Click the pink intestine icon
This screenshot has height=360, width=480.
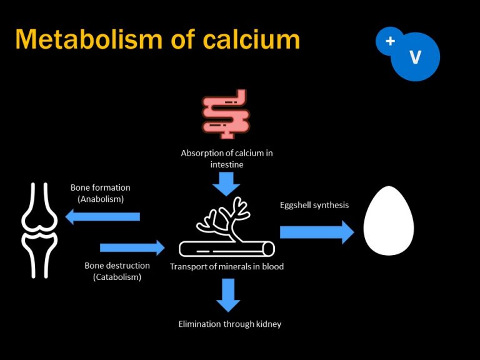click(226, 114)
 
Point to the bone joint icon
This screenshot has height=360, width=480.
click(39, 230)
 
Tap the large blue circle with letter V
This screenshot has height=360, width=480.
click(415, 57)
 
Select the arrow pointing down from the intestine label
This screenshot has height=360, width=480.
click(226, 182)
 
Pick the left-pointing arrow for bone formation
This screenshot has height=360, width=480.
click(102, 216)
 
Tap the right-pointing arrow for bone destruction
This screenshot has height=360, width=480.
click(132, 247)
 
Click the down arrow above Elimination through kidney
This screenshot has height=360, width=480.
click(227, 295)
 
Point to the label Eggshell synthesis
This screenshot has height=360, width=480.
click(314, 204)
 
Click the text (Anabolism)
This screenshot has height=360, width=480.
click(101, 199)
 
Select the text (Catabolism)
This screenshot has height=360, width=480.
click(117, 277)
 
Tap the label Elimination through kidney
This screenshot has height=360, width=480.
click(230, 324)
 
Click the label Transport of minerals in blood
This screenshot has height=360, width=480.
click(227, 266)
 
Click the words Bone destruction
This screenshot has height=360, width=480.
click(117, 266)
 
